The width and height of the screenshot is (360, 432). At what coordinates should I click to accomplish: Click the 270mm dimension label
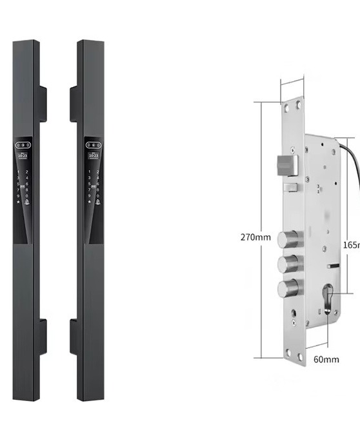click(255, 237)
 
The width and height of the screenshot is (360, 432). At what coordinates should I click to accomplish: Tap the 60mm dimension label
click(326, 359)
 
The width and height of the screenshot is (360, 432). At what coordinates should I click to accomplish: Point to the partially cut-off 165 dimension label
click(352, 245)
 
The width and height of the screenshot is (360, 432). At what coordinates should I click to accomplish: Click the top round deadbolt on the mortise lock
click(288, 239)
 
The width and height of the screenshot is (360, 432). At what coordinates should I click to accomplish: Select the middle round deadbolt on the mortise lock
click(288, 264)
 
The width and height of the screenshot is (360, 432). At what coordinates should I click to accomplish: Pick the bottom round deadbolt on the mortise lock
click(288, 288)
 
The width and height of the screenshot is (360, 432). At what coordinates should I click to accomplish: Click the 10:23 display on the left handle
click(22, 155)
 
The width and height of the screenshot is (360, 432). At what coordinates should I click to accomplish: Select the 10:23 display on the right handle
click(93, 155)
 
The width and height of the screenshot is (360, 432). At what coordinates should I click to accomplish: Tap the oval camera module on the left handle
click(22, 144)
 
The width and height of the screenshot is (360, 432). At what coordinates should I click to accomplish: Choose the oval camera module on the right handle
click(93, 144)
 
